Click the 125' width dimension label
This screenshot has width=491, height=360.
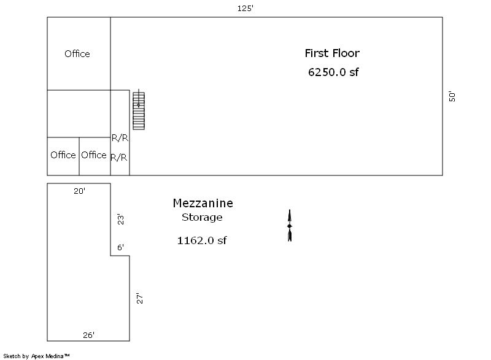pyautogui.click(x=245, y=9)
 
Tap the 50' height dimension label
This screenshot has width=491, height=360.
pyautogui.click(x=452, y=97)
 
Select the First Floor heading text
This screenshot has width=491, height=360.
pyautogui.click(x=332, y=53)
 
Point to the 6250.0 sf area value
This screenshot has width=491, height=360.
pyautogui.click(x=333, y=72)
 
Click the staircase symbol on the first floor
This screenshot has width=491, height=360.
pyautogui.click(x=139, y=110)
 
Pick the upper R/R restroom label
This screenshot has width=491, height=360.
pyautogui.click(x=120, y=137)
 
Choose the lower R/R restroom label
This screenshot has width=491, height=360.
pyautogui.click(x=119, y=158)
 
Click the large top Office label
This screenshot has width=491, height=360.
pyautogui.click(x=77, y=54)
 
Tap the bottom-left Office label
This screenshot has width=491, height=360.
pyautogui.click(x=63, y=155)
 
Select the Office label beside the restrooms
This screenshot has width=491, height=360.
pyautogui.click(x=94, y=155)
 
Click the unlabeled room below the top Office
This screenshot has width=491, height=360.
pyautogui.click(x=79, y=114)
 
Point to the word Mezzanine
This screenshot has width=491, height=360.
pyautogui.click(x=203, y=203)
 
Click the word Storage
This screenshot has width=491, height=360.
pyautogui.click(x=202, y=217)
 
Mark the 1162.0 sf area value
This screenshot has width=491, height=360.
pyautogui.click(x=202, y=240)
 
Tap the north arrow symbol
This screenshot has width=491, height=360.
pyautogui.click(x=290, y=226)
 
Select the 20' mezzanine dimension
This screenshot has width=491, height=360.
pyautogui.click(x=80, y=191)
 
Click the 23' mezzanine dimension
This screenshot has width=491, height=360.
pyautogui.click(x=120, y=220)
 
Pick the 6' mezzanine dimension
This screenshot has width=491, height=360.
pyautogui.click(x=120, y=247)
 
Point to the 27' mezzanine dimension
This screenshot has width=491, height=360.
pyautogui.click(x=140, y=298)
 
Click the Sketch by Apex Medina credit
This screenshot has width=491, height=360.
pyautogui.click(x=36, y=356)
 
